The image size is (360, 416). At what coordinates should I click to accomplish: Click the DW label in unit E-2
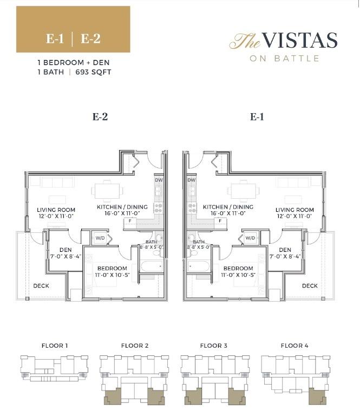(x=159, y=180)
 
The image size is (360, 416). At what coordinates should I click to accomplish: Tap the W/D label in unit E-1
(x=250, y=238)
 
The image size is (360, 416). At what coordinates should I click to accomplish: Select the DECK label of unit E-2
(x=41, y=286)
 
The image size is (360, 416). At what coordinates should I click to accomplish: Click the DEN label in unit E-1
(x=285, y=250)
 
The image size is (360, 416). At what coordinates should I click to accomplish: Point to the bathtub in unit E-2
(x=152, y=266)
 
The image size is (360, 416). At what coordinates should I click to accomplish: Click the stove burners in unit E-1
(x=192, y=208)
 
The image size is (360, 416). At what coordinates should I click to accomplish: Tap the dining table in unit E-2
(x=107, y=191)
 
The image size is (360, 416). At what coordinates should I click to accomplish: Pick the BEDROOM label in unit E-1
(x=238, y=268)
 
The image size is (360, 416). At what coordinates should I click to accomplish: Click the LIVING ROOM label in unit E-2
(x=56, y=210)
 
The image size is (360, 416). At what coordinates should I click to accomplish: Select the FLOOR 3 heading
(x=214, y=346)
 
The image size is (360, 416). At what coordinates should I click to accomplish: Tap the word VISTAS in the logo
(x=300, y=41)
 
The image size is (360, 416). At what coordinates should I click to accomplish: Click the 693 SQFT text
(x=93, y=72)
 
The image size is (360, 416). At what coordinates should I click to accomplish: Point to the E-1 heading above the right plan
(x=257, y=117)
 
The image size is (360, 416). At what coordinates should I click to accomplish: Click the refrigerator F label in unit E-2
(x=130, y=221)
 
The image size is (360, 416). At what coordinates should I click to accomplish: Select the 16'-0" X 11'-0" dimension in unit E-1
(x=228, y=213)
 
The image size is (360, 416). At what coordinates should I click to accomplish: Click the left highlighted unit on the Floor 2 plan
(x=113, y=396)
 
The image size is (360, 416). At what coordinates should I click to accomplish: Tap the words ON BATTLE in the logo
(x=284, y=58)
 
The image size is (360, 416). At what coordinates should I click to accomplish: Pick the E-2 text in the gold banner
(x=90, y=39)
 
